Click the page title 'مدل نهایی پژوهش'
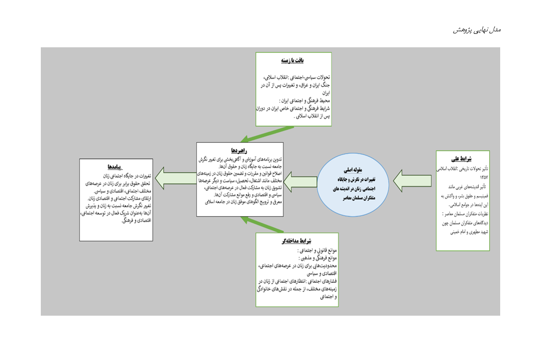point(476,30)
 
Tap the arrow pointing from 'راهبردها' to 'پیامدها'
point(175,178)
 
